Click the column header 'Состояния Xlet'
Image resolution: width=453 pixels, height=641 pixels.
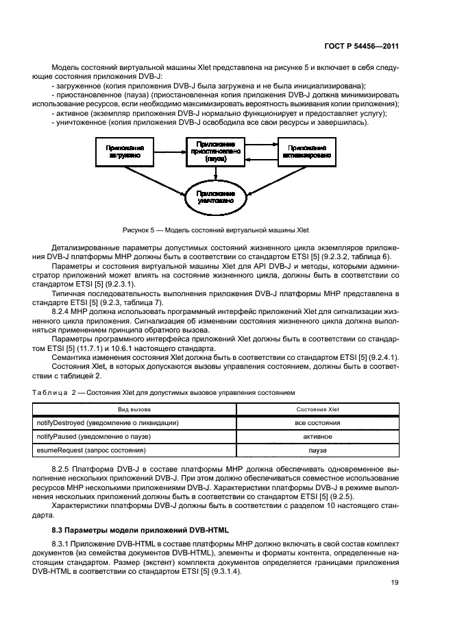[317, 409]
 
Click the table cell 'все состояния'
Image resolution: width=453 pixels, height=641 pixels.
[317, 423]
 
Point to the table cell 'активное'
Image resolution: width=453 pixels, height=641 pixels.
[317, 437]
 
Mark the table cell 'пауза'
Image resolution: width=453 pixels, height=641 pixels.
[317, 450]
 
